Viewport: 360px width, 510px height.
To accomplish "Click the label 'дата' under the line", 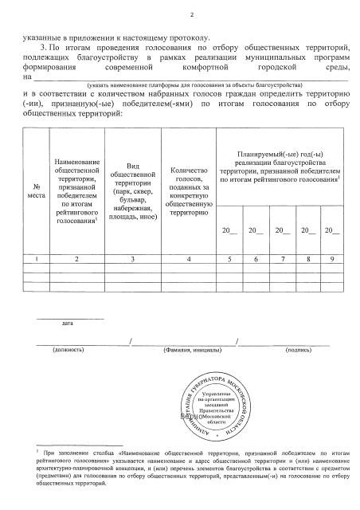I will point(68,323).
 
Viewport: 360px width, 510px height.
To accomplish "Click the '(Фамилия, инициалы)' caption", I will point(188,349).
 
